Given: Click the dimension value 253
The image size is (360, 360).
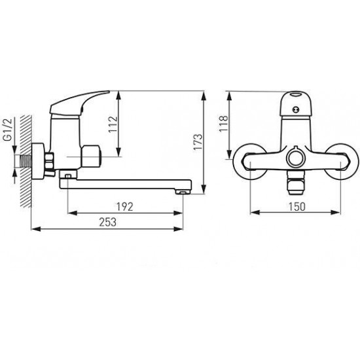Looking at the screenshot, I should click(x=109, y=221).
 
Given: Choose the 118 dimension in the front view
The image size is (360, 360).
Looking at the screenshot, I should click(x=223, y=122).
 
